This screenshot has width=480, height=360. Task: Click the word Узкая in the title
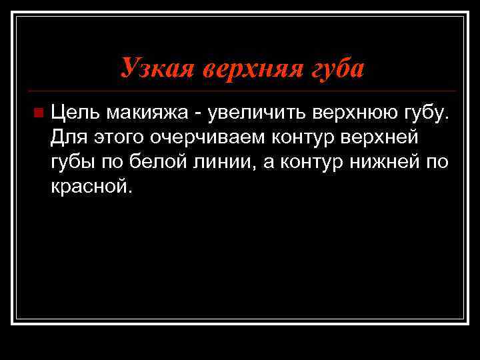click(150, 68)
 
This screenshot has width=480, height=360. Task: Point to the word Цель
click(75, 114)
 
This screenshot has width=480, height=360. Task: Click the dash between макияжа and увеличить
click(200, 115)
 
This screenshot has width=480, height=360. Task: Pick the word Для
click(67, 139)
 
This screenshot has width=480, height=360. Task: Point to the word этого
click(117, 139)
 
